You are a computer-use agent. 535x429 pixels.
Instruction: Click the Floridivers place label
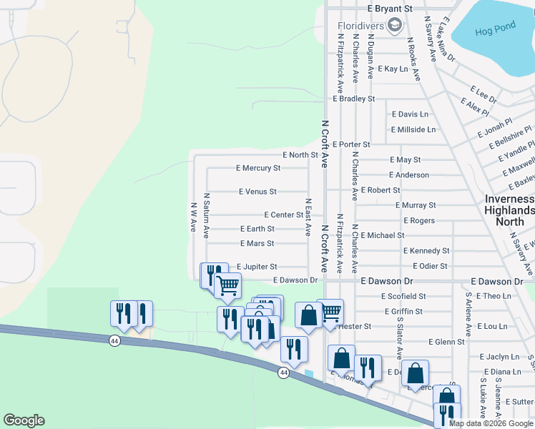point(360,26)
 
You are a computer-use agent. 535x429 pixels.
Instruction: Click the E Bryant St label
point(391,9)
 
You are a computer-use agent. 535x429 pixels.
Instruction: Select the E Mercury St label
point(258,169)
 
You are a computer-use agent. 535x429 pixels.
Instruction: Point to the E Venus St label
point(257,192)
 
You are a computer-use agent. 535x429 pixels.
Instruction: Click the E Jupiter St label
point(257,267)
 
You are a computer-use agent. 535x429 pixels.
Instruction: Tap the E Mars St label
point(257,244)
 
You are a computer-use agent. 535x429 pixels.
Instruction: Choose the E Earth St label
point(257,230)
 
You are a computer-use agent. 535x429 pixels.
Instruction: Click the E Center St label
point(283,214)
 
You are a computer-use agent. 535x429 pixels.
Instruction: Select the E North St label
point(300,155)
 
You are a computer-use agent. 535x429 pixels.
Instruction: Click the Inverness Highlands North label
point(509,210)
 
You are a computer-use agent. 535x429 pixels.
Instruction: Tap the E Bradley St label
point(352,99)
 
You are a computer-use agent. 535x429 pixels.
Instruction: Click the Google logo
point(24,420)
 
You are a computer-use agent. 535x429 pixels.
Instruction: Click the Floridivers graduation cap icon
point(394,26)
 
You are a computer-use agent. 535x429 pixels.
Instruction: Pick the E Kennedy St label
point(426,251)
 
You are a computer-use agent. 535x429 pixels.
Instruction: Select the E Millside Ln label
point(413,130)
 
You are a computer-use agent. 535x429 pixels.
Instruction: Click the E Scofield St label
point(403,296)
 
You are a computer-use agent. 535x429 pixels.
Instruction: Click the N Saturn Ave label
point(206,214)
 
